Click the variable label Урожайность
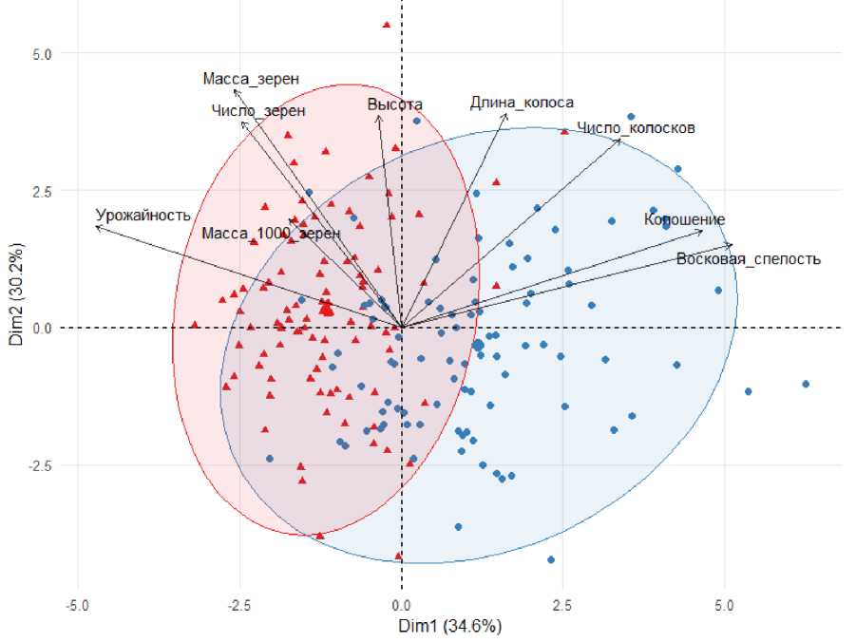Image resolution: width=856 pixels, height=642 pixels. click(143, 215)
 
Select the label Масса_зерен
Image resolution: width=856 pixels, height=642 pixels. click(244, 79)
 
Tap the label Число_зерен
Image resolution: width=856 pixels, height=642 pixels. click(258, 111)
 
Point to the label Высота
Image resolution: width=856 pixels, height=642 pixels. click(395, 104)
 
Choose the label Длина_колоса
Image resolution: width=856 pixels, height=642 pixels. click(522, 103)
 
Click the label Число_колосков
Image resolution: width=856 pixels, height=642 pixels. click(637, 127)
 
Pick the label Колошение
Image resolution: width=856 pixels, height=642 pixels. click(684, 220)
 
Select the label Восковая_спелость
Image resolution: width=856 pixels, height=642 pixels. click(749, 258)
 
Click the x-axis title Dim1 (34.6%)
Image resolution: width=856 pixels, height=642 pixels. click(450, 626)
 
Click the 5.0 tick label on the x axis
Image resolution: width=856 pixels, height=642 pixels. click(725, 605)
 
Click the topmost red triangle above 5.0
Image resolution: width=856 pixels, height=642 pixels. click(386, 25)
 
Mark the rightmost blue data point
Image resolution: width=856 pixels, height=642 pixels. click(806, 384)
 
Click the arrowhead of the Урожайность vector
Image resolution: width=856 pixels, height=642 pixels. click(97, 226)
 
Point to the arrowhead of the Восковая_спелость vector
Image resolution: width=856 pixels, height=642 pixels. click(732, 244)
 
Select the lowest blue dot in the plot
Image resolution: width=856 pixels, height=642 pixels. click(550, 559)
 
